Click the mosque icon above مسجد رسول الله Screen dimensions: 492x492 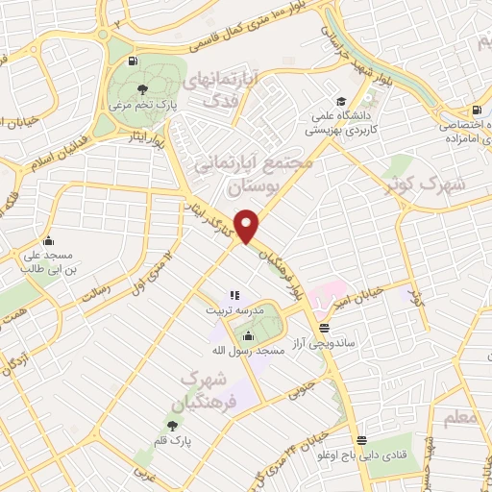(248, 336)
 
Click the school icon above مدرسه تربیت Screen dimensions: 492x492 (234, 295)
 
